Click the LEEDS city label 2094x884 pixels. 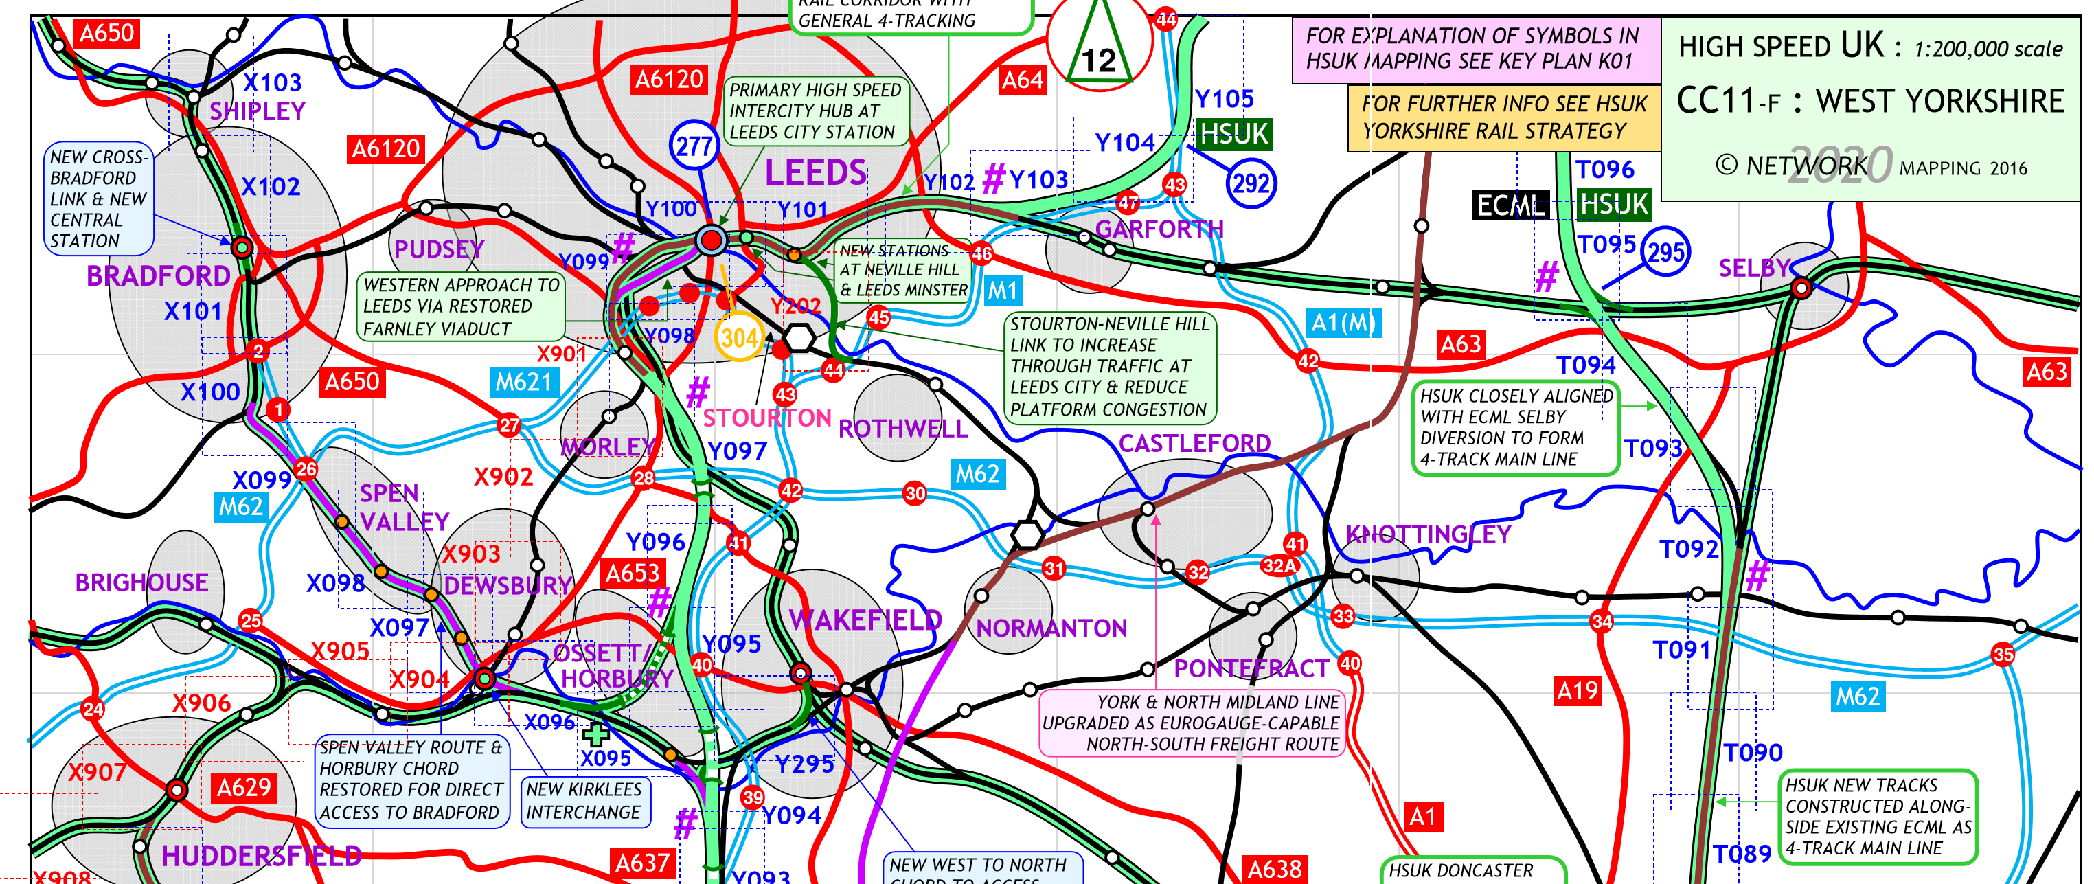point(815,172)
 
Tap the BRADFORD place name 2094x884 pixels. point(158,277)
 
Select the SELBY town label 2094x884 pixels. point(1754,268)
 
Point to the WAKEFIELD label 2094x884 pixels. point(865,620)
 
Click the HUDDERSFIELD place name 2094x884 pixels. point(261,856)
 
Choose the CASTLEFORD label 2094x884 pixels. point(1194,443)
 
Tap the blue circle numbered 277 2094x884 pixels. point(694,146)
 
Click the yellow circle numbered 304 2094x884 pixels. point(739,337)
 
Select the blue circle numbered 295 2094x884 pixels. point(1665,252)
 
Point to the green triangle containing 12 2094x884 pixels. point(1098,49)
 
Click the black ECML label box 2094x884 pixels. point(1510,205)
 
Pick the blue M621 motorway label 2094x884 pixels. point(523,381)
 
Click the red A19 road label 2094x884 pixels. point(1577,690)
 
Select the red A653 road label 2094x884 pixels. point(633,574)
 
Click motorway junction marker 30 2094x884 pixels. point(915,492)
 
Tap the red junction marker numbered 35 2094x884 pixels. point(2003,654)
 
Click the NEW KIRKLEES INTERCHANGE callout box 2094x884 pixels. point(584,801)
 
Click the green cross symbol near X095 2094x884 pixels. point(596,734)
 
